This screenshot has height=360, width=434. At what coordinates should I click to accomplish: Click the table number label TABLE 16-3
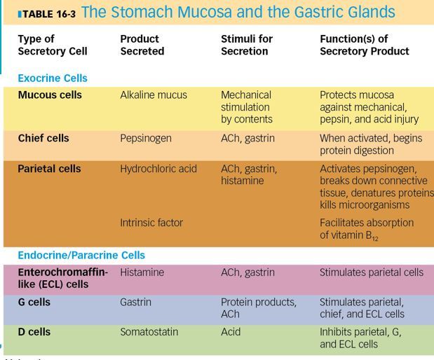[41, 13]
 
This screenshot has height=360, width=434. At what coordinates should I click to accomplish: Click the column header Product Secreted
[142, 45]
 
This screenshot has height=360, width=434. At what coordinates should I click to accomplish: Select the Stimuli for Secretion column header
[247, 45]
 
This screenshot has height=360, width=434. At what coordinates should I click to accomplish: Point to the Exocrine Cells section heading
[53, 78]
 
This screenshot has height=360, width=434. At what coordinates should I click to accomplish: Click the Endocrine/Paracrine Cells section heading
[81, 256]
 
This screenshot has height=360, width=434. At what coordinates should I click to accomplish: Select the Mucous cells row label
[50, 95]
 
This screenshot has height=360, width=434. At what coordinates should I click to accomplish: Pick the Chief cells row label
[43, 139]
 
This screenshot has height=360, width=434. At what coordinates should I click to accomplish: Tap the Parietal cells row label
[49, 169]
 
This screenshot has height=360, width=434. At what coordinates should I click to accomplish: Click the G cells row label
[34, 303]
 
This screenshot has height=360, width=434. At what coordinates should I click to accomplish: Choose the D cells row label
[34, 332]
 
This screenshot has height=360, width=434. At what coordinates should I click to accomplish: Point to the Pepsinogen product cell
[146, 139]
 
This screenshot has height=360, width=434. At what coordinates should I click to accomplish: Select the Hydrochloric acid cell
[158, 169]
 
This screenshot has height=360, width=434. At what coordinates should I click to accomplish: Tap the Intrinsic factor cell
[151, 223]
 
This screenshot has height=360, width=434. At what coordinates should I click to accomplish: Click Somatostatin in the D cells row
[149, 332]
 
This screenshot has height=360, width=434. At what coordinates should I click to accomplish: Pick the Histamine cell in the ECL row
[142, 272]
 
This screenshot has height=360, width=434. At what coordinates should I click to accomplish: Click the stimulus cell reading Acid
[231, 332]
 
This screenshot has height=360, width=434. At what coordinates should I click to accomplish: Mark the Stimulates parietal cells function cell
[372, 272]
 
